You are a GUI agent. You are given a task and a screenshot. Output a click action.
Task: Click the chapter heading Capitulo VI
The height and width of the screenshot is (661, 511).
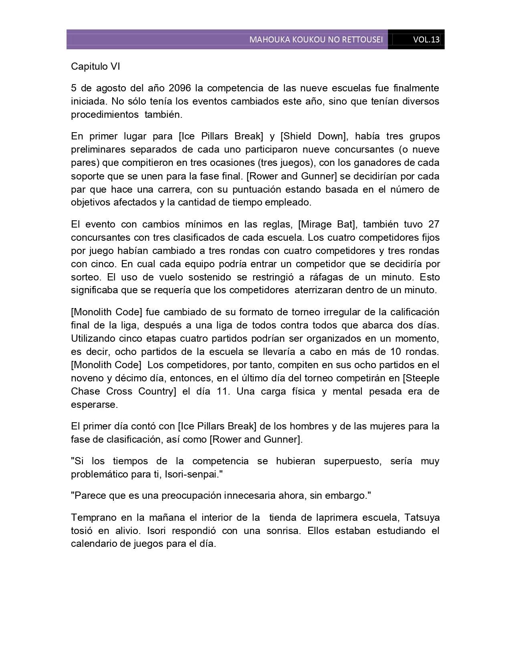tap(95, 67)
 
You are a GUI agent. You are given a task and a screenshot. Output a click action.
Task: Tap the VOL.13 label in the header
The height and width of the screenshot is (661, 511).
tap(426, 40)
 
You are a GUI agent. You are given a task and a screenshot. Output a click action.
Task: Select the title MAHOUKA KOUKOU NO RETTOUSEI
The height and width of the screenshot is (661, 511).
tap(316, 40)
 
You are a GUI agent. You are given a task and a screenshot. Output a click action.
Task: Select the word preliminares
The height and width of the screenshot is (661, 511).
tap(98, 149)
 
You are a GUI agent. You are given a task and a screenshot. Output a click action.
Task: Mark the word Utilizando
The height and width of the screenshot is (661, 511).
tap(93, 339)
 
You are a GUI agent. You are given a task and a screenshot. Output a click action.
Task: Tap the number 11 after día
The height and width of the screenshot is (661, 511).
tap(222, 391)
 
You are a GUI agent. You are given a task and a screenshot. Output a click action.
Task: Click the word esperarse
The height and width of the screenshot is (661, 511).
tap(95, 405)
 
